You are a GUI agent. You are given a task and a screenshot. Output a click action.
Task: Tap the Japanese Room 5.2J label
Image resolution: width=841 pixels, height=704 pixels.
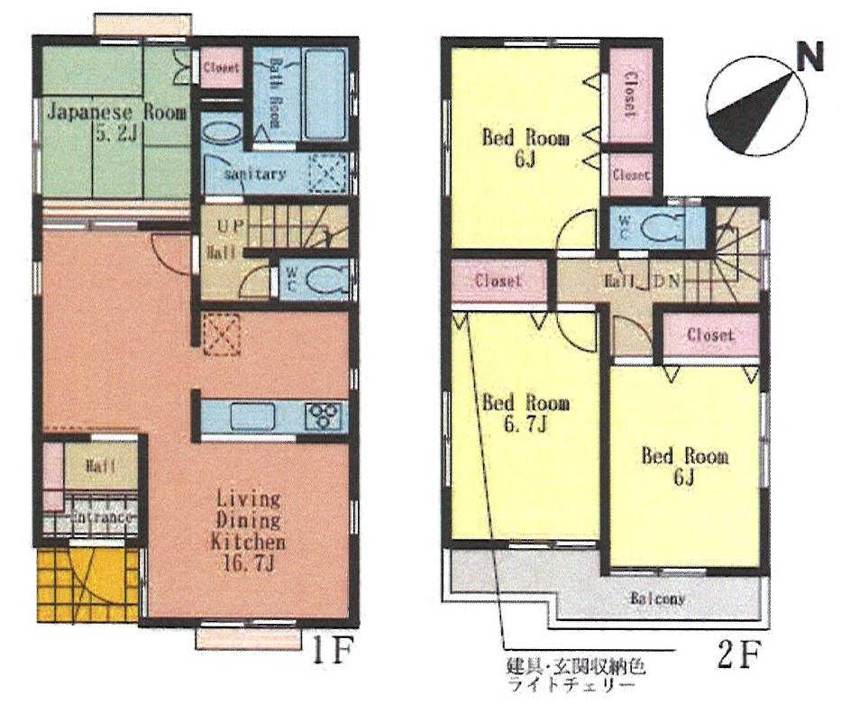click(115, 124)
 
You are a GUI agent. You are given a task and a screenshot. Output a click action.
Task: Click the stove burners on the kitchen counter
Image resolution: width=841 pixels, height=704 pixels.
click(324, 416)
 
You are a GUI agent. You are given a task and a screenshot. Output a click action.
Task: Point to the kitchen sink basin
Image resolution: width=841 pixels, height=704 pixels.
click(251, 416)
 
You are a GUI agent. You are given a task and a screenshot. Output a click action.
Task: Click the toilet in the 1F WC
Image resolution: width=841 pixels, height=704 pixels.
click(325, 279)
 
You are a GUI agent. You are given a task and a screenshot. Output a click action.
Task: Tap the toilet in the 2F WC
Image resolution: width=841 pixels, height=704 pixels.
click(665, 225)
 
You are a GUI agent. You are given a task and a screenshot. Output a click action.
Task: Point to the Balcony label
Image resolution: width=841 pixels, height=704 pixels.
click(658, 599)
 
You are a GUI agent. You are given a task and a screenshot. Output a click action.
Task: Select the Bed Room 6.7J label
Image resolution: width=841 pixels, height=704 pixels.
click(525, 413)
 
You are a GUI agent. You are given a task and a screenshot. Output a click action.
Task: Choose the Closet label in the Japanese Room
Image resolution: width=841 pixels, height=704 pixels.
click(221, 68)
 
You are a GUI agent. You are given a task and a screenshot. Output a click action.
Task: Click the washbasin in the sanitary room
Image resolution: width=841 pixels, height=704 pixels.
click(220, 131)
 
